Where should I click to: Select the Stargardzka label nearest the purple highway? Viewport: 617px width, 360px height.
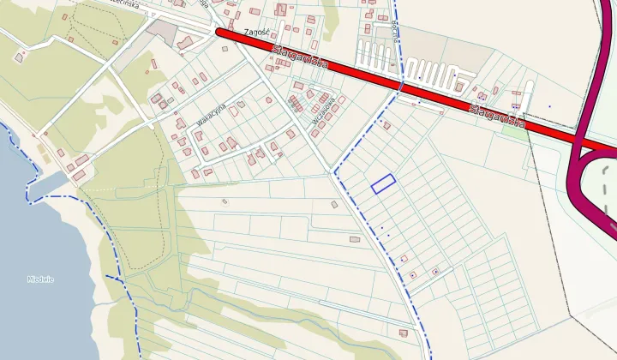click(497, 116)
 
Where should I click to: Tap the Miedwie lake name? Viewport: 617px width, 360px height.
click(40, 279)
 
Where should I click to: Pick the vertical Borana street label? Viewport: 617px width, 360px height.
click(395, 21)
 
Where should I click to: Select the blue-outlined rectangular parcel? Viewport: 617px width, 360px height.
click(383, 183)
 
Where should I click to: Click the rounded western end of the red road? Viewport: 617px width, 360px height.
click(220, 33)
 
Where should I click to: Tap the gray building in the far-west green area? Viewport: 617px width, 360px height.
click(19, 57)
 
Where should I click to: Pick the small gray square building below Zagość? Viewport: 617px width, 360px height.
click(225, 48)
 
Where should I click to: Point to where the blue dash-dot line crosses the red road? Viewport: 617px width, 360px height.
click(401, 86)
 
